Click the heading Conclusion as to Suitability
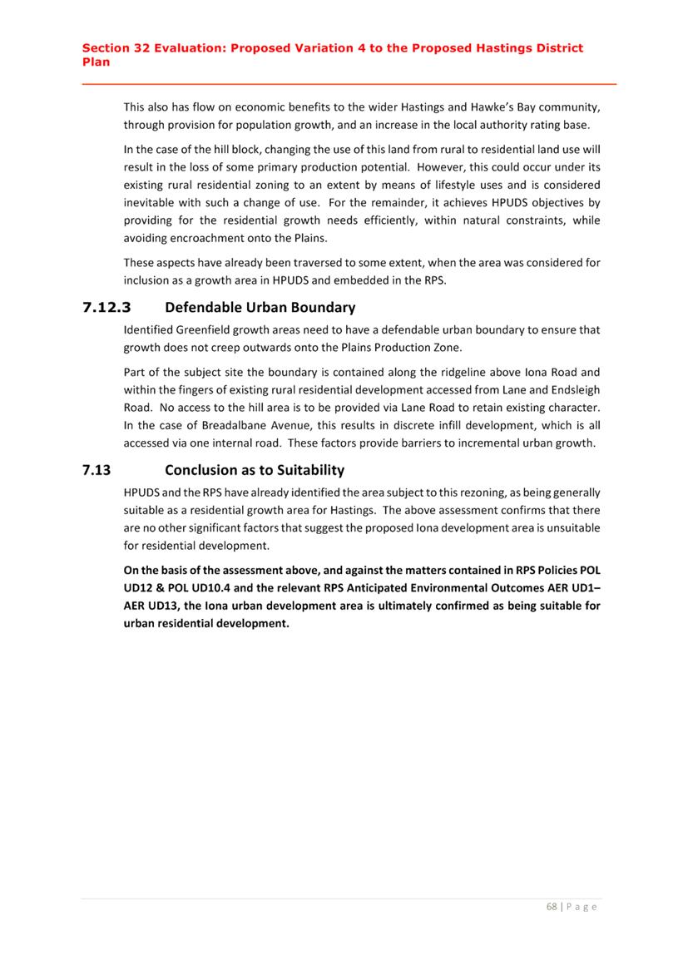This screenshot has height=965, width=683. click(x=255, y=470)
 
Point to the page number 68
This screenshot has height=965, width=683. click(x=552, y=906)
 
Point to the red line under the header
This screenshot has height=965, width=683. click(x=349, y=84)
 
